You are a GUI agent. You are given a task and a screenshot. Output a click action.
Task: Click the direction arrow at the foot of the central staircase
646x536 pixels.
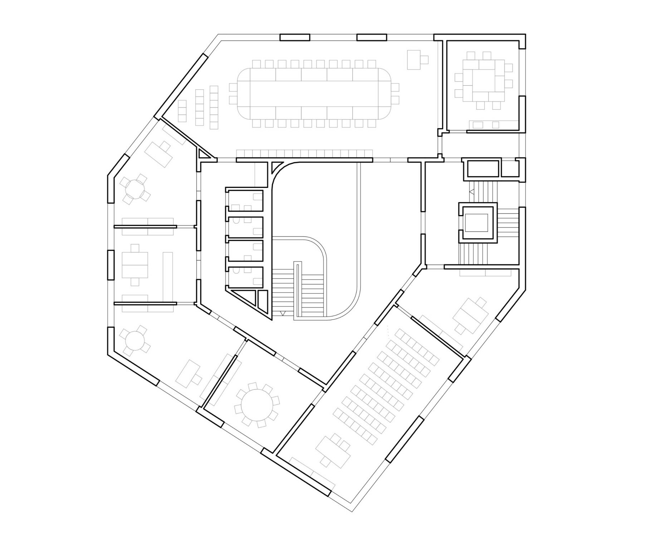pyautogui.click(x=283, y=313)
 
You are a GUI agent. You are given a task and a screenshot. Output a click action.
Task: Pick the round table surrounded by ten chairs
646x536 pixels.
pyautogui.click(x=256, y=405)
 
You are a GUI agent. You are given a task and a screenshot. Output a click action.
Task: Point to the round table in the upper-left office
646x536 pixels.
pyautogui.click(x=135, y=188)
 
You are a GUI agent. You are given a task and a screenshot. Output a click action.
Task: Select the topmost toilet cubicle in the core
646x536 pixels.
pyautogui.click(x=245, y=200)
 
